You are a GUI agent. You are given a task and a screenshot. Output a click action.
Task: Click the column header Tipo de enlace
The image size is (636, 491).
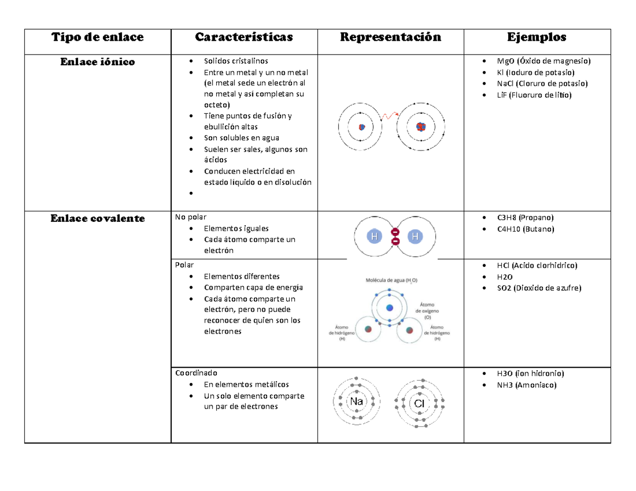click(x=97, y=37)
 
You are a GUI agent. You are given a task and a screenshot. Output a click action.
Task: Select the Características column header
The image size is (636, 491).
click(x=244, y=37)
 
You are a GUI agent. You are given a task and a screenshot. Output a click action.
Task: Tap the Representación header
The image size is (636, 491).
click(x=390, y=37)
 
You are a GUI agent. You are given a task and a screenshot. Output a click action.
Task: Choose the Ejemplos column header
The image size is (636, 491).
click(x=536, y=37)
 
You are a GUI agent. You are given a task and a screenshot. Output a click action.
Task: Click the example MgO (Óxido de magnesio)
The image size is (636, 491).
click(x=543, y=61)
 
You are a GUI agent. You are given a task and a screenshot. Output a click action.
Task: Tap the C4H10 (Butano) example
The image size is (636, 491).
click(x=525, y=229)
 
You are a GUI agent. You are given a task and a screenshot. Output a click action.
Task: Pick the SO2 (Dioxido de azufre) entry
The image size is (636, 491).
click(x=539, y=288)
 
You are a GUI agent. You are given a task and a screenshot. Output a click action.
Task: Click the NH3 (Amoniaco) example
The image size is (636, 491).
click(x=527, y=385)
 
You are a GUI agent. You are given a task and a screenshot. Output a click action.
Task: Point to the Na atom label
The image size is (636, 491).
click(x=357, y=401)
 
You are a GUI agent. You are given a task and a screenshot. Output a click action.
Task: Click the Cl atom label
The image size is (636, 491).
click(x=420, y=404)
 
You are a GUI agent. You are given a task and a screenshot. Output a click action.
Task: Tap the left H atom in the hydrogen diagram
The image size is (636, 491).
click(x=374, y=237)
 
